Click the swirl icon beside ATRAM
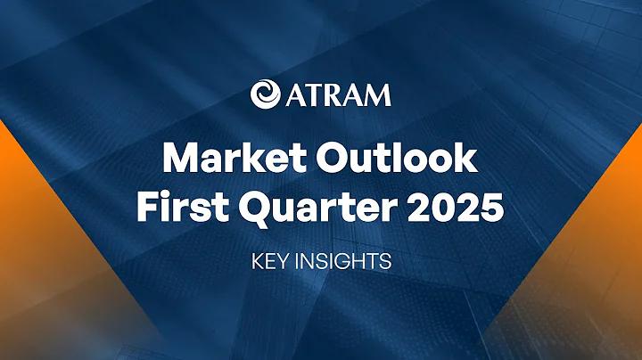point(266,94)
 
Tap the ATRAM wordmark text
point(339,94)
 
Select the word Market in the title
point(235,158)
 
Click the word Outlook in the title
point(396,158)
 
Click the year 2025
point(456,208)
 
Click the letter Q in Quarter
point(253,210)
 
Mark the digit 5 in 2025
point(492,208)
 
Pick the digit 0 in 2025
point(443,208)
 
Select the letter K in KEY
point(258,262)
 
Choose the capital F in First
point(148,208)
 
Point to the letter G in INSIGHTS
point(349,262)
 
